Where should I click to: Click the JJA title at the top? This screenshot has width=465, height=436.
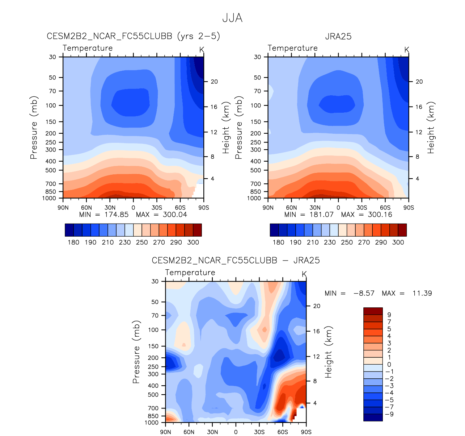[232, 18]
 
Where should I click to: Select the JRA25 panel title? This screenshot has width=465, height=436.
[338, 37]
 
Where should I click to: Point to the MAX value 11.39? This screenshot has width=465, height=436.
[422, 293]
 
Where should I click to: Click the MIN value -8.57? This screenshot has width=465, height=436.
[364, 293]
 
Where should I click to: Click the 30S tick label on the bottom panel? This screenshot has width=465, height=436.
[259, 432]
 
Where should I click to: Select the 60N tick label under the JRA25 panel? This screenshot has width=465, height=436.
[291, 208]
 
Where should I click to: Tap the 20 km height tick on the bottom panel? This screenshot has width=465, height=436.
[317, 306]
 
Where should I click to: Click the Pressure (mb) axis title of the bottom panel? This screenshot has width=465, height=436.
[136, 352]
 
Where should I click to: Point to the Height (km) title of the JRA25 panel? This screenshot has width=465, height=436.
[431, 127]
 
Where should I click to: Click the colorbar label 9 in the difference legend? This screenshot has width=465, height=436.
[389, 315]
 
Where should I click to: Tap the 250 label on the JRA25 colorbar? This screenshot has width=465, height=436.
[347, 242]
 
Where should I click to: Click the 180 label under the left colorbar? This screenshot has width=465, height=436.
[73, 242]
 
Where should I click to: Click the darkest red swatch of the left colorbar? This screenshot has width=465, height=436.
[197, 230]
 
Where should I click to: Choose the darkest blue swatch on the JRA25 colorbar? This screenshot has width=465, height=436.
[274, 230]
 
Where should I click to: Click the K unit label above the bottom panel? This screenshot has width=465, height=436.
[304, 274]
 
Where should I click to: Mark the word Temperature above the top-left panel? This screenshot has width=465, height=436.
[88, 48]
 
